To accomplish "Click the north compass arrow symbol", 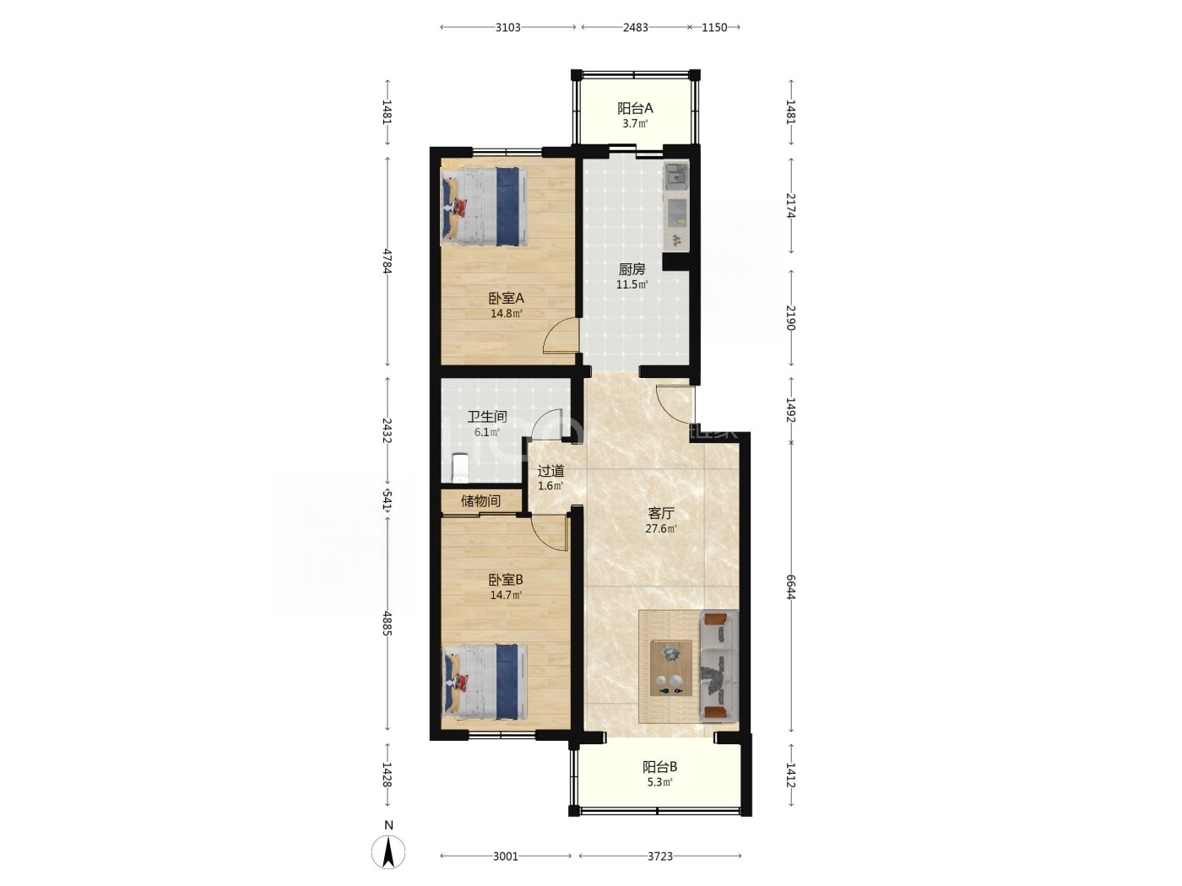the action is [388, 852].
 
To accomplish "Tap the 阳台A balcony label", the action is [635, 109].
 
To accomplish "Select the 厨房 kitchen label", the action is [632, 269].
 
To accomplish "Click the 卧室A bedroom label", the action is [506, 298].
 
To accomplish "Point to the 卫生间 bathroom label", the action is [487, 416].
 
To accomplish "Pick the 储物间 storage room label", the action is [480, 501].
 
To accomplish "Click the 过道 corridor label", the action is [550, 471].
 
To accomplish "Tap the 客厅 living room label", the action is [661, 513].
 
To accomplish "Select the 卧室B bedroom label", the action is [506, 580].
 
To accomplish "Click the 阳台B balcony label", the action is [659, 766].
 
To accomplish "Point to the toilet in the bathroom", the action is [459, 467].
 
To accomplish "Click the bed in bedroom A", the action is [484, 207].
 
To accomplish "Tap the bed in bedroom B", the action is [484, 682].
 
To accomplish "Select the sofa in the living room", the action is [719, 666].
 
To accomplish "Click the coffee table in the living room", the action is [670, 667].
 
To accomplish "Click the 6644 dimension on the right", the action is [790, 586].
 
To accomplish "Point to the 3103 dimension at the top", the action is [507, 28].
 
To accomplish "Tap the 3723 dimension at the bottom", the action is [659, 856].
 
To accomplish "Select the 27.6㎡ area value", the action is [661, 528].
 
